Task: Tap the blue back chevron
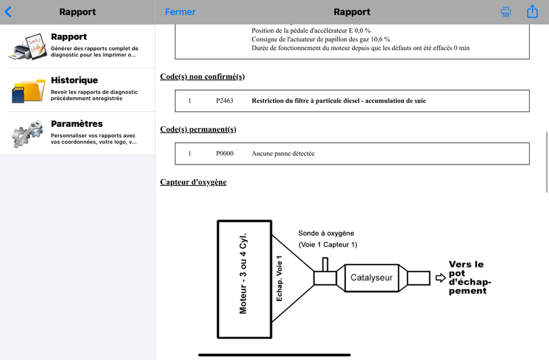click(8, 12)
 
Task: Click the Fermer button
click(180, 12)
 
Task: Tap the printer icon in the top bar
click(506, 12)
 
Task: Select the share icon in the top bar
click(533, 11)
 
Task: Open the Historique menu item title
click(74, 80)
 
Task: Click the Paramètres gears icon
click(27, 133)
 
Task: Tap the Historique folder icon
click(28, 91)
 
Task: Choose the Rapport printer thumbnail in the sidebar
click(28, 47)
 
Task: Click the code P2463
click(224, 101)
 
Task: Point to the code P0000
click(224, 153)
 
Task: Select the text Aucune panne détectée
click(283, 153)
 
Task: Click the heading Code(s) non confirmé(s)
click(202, 77)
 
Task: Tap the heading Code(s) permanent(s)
click(198, 130)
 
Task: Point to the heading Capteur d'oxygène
click(194, 182)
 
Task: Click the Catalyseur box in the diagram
click(371, 278)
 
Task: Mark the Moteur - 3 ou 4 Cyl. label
click(243, 273)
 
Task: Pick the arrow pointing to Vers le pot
click(441, 278)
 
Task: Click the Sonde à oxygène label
click(326, 233)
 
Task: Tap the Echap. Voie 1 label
click(279, 278)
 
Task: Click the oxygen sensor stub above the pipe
click(325, 265)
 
